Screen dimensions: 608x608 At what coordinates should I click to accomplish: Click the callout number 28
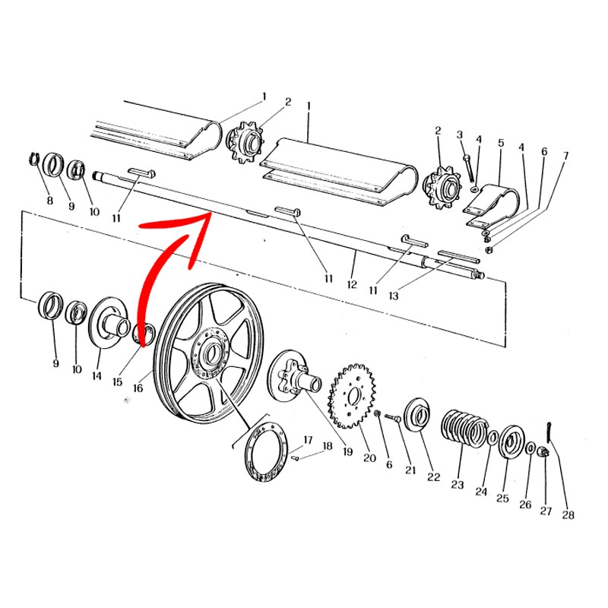[568, 515]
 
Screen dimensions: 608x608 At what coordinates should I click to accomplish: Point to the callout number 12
[352, 284]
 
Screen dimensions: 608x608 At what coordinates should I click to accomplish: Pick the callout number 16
[138, 388]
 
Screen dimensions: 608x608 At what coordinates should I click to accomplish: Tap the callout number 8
[49, 201]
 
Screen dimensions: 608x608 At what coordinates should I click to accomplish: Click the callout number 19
[347, 451]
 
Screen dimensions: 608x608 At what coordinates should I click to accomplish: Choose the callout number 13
[393, 296]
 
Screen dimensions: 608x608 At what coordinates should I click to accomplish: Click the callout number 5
[501, 143]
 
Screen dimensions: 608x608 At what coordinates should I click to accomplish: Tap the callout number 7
[565, 156]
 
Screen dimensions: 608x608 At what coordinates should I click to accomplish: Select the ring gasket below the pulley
[267, 451]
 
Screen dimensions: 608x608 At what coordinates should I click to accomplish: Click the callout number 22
[433, 477]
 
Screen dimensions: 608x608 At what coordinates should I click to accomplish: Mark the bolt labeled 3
[469, 167]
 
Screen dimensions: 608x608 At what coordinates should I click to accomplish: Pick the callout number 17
[308, 440]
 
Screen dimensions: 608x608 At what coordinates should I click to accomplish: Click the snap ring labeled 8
[34, 160]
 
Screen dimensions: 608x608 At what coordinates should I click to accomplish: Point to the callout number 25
[502, 499]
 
